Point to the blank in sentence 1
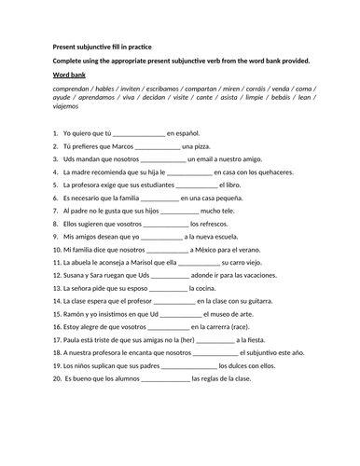136,133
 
